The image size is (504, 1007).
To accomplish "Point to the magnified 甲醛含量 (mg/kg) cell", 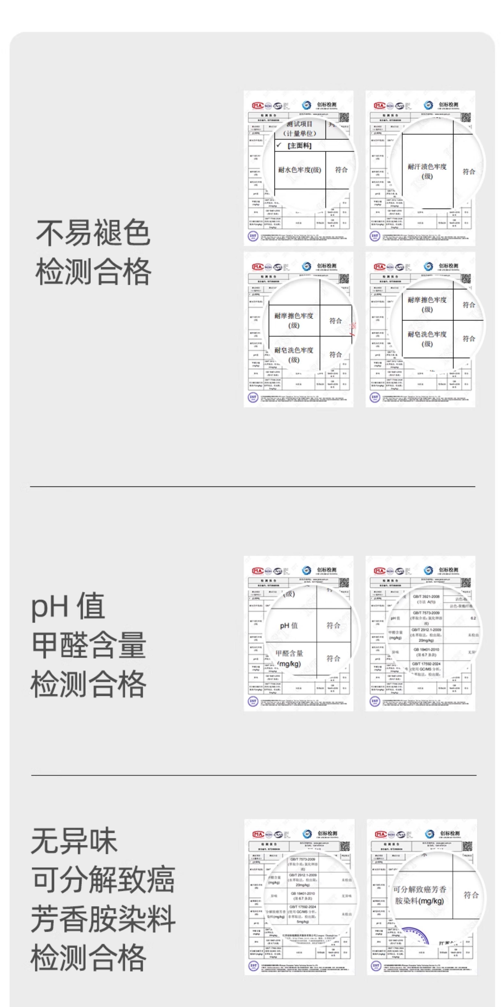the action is [289, 658].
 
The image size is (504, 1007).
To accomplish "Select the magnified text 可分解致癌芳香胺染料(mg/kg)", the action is [419, 895].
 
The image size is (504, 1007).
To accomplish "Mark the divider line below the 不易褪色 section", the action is [252, 487].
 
